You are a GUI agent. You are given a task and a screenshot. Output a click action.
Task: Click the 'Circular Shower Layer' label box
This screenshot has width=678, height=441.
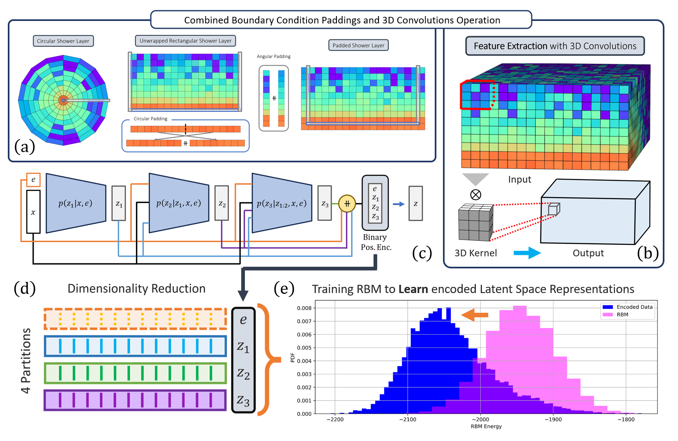(63, 41)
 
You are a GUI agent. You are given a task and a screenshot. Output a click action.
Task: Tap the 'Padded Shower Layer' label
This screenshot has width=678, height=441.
(358, 45)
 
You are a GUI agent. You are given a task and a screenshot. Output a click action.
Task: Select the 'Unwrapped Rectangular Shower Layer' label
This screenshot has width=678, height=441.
(185, 41)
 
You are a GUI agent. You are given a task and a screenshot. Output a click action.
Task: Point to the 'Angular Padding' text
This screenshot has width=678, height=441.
(274, 57)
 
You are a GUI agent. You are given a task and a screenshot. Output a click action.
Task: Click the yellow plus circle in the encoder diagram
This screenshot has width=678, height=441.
(347, 203)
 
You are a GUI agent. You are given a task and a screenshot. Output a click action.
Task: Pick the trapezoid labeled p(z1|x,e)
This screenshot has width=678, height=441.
(76, 203)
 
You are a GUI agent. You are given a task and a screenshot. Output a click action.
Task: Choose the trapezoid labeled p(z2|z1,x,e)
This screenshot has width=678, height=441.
(179, 203)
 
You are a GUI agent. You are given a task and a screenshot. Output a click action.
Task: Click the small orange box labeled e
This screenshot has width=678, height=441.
(33, 180)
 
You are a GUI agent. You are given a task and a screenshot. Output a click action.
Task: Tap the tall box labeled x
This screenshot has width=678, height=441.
(33, 212)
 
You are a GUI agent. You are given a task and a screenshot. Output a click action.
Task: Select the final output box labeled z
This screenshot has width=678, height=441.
(415, 203)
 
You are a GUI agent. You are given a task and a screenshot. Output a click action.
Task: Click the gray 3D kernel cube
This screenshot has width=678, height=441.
(475, 222)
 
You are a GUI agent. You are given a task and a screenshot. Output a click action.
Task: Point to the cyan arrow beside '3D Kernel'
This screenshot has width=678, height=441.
(527, 253)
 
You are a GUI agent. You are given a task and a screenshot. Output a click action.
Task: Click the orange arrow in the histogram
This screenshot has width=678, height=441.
(475, 315)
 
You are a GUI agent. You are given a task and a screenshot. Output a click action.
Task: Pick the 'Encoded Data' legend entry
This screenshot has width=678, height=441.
(627, 307)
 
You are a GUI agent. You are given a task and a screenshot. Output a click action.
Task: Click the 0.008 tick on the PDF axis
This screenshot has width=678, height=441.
(304, 308)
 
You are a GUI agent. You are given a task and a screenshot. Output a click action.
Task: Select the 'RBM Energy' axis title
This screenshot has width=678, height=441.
(486, 427)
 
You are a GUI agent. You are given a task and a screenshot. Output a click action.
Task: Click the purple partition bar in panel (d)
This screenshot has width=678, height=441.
(135, 400)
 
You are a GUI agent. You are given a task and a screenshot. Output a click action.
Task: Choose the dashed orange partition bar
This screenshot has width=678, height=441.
(135, 319)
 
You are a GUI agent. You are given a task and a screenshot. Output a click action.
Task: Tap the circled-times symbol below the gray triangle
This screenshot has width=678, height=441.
(475, 194)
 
